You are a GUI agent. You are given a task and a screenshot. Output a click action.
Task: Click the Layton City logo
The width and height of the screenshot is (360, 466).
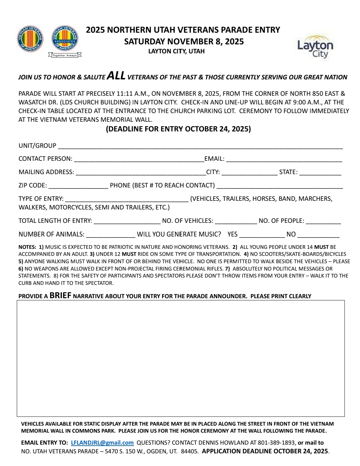315,47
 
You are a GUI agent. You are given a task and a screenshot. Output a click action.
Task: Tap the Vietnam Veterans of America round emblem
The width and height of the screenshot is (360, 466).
30,39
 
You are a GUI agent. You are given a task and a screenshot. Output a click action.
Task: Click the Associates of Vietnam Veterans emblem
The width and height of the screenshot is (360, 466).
65,39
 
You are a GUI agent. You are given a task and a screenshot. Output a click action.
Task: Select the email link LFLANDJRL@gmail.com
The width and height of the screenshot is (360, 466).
102,443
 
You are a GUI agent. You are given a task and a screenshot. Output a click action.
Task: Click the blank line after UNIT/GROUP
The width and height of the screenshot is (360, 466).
200,146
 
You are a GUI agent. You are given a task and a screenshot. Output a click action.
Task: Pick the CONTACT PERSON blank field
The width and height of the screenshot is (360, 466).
139,159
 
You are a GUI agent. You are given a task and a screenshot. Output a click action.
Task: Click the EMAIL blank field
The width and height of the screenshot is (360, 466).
284,159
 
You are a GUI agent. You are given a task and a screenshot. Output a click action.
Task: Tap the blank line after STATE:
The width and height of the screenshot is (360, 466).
320,172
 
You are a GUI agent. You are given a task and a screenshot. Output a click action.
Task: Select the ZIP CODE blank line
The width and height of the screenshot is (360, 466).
78,186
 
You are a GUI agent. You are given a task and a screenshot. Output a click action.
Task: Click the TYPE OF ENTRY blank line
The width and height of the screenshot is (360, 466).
127,199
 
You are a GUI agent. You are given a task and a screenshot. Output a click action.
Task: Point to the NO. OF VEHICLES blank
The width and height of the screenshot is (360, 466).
236,221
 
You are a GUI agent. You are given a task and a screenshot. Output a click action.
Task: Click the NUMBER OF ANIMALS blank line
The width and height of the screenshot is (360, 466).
111,235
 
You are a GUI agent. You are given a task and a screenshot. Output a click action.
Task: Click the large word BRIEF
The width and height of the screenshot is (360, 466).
60,296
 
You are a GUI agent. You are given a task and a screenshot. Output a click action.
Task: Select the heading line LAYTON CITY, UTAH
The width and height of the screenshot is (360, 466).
176,51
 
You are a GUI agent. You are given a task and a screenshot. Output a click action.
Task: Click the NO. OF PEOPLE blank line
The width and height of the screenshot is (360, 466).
323,221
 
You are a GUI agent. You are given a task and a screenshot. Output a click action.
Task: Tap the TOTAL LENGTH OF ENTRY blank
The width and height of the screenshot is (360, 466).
127,221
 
